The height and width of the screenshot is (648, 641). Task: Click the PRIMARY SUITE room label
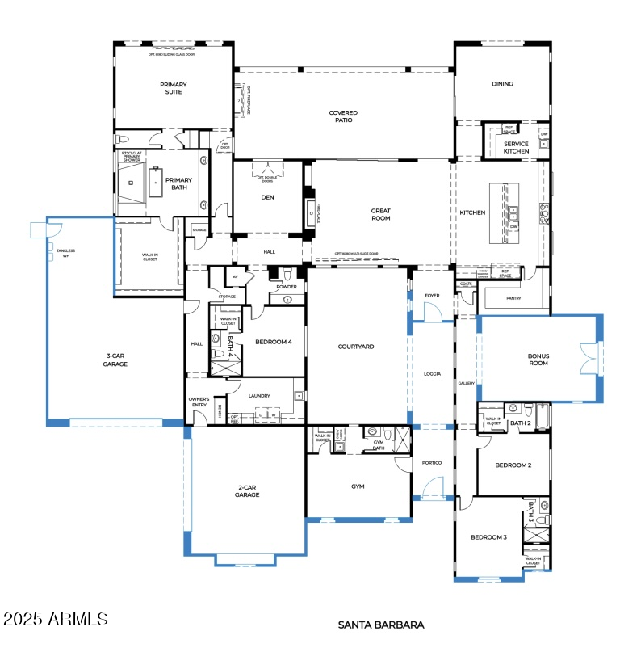tap(172, 88)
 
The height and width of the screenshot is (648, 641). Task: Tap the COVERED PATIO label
tap(343, 117)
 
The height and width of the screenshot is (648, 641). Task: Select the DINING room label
tap(502, 84)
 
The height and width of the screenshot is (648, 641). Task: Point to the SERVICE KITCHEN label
tap(516, 148)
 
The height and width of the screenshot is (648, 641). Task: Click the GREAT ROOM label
tap(380, 215)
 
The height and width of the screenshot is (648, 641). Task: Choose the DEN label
tap(267, 197)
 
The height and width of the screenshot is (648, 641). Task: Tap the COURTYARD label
tap(356, 347)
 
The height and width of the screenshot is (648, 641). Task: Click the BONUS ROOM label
tap(538, 359)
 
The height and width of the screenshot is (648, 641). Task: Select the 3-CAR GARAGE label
tap(115, 360)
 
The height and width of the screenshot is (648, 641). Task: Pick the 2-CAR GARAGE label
tap(247, 490)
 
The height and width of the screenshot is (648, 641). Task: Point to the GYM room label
tap(358, 487)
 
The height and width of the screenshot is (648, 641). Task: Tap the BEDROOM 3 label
tap(489, 537)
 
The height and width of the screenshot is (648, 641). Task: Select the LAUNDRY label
tap(259, 396)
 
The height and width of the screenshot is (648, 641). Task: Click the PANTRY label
tap(513, 298)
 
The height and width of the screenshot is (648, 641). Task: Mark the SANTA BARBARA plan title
tap(380, 625)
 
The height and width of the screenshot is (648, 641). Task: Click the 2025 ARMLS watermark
tap(55, 619)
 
